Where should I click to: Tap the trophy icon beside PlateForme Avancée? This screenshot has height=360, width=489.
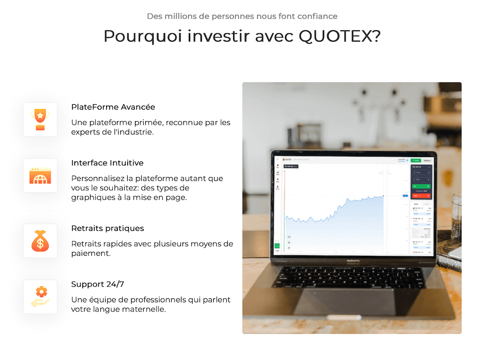(40, 119)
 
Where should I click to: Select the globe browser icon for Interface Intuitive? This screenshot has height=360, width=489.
(40, 175)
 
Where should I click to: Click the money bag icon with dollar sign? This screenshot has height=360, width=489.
(40, 241)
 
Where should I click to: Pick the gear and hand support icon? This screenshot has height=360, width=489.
(40, 296)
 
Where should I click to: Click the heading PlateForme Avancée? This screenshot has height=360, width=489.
(113, 107)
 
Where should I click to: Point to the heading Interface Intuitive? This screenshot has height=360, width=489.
(107, 163)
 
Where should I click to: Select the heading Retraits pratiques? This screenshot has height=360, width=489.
(108, 228)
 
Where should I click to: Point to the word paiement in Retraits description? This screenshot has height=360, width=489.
(90, 253)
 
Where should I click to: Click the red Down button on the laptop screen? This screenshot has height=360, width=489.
(421, 196)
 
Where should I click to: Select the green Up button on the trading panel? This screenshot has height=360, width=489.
(421, 186)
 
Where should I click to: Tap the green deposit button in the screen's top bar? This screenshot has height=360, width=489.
(416, 160)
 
